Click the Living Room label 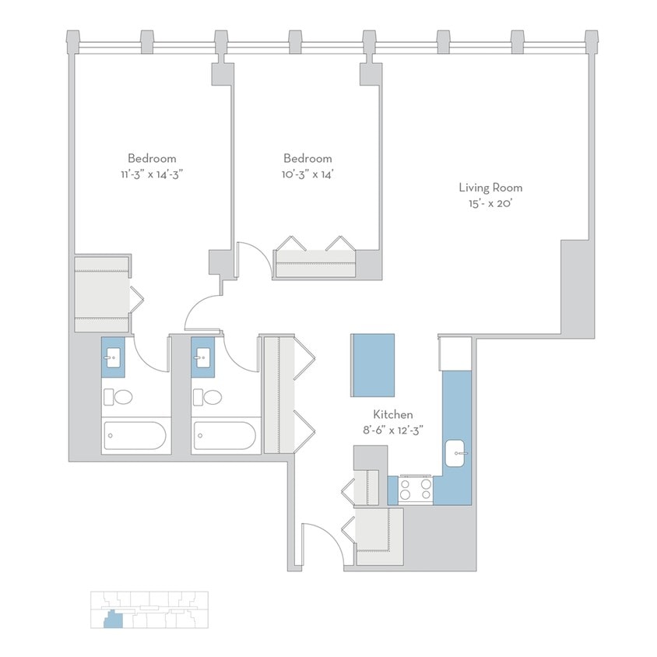point(490,188)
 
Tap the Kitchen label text point(392,415)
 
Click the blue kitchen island point(373,365)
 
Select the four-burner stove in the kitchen point(416,489)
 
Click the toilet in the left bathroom point(119,397)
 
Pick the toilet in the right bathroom point(209,397)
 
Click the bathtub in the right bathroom point(226,436)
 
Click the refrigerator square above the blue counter point(455,353)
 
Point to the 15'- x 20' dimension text point(490,202)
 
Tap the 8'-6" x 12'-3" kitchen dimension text point(392,430)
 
